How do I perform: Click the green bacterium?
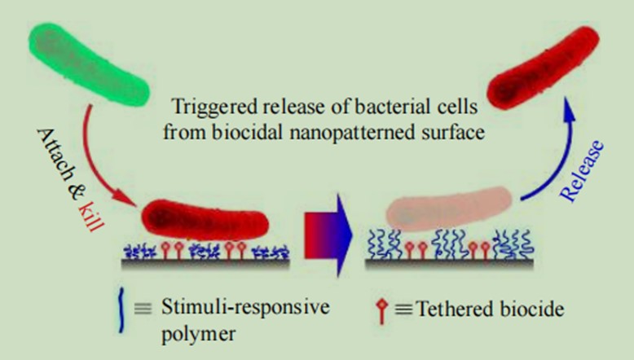[88, 64]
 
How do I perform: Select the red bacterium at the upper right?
[543, 67]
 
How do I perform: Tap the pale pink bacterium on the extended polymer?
[449, 209]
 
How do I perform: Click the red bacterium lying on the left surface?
[205, 220]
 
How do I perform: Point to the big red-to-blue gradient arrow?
[328, 235]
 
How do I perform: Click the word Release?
[582, 170]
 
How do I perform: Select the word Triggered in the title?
[214, 108]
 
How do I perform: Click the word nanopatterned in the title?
[352, 133]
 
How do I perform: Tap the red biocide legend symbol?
[381, 311]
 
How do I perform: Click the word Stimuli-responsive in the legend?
[245, 308]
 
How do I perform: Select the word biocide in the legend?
[532, 309]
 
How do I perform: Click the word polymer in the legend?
[198, 335]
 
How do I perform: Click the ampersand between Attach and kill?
[75, 191]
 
